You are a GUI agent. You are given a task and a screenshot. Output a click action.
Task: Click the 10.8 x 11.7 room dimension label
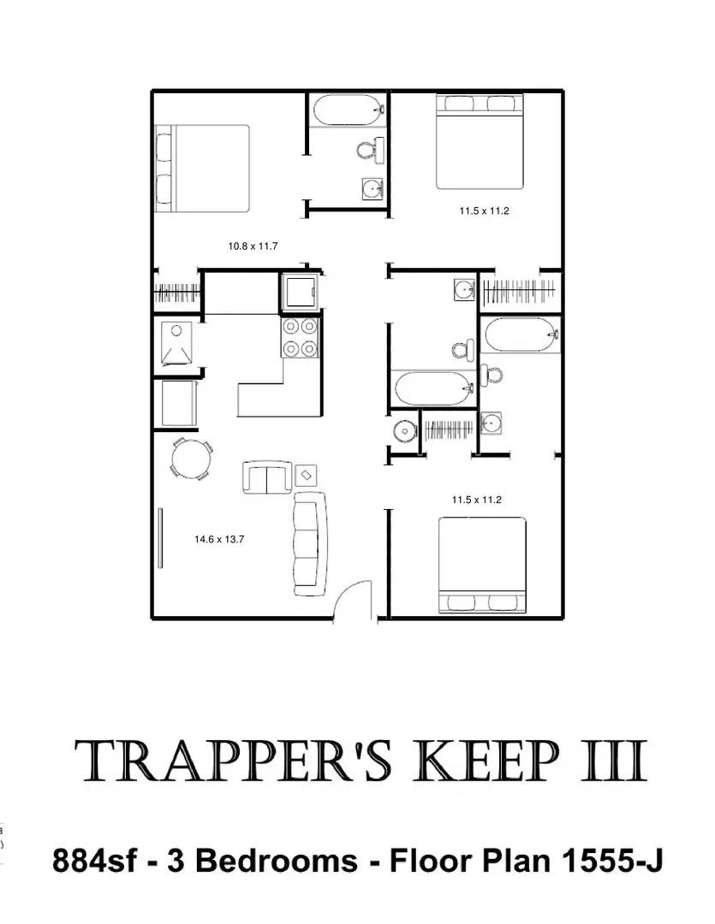[x=253, y=246]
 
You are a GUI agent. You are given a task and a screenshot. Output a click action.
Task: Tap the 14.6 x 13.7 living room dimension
[x=219, y=539]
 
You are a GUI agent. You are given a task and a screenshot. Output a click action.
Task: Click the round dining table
[x=191, y=459]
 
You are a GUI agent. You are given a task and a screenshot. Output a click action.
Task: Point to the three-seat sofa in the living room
[x=310, y=543]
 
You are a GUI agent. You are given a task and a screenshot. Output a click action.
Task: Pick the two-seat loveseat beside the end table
[x=268, y=477]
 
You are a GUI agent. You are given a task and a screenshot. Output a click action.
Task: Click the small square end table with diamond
[x=306, y=474]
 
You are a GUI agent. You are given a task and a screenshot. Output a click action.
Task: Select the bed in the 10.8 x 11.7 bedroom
[x=202, y=169]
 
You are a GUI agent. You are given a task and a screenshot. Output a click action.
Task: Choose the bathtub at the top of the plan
[x=347, y=111]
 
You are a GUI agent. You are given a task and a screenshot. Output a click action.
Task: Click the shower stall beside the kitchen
[x=178, y=343]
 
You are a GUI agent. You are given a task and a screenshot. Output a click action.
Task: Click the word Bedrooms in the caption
[x=277, y=860]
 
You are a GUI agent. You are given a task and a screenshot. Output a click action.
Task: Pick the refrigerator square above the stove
[x=300, y=293]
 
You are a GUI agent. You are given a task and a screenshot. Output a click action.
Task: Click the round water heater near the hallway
[x=403, y=430]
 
